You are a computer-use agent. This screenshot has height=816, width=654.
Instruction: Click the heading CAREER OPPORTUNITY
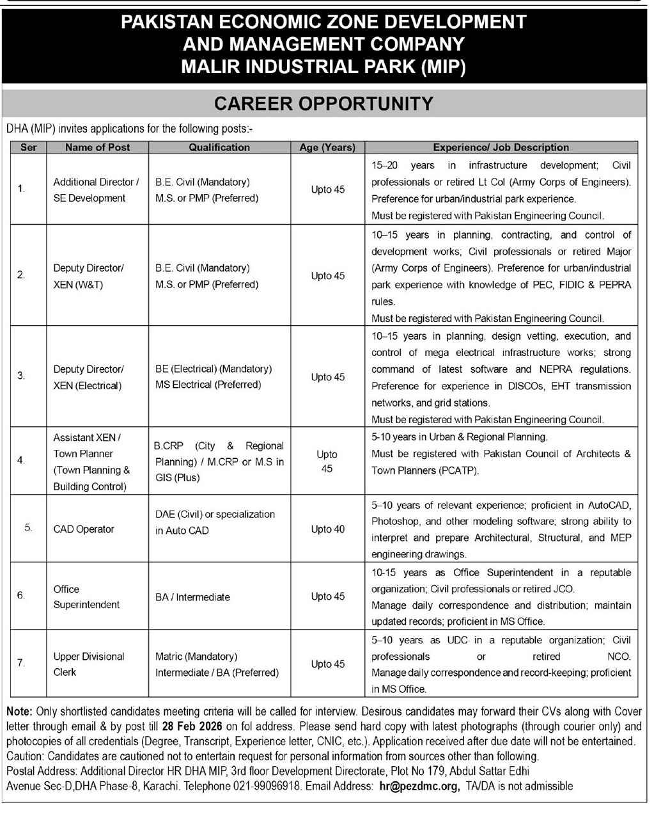click(323, 104)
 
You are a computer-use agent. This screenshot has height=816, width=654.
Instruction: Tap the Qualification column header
click(219, 147)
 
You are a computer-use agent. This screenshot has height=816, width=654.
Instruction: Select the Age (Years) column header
click(327, 147)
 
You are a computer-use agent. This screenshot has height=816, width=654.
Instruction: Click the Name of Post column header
click(97, 147)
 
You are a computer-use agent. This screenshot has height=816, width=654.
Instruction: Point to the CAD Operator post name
click(84, 529)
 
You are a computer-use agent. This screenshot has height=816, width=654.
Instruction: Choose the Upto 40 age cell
click(327, 529)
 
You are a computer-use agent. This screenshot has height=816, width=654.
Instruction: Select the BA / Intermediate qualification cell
click(192, 597)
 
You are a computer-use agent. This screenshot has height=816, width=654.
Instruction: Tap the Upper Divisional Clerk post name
click(89, 664)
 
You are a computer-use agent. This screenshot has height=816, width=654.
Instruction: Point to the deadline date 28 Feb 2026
click(192, 726)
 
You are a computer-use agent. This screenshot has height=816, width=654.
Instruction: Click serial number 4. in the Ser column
click(21, 460)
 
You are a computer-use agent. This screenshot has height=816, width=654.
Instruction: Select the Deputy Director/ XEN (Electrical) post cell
click(88, 377)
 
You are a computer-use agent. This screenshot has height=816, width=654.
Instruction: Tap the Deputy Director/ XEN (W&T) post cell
click(88, 276)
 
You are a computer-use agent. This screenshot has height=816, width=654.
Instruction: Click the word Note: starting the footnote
click(19, 711)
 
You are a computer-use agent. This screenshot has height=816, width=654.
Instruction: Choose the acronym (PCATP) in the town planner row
click(456, 470)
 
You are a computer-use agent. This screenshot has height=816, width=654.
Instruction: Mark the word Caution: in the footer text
click(24, 756)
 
